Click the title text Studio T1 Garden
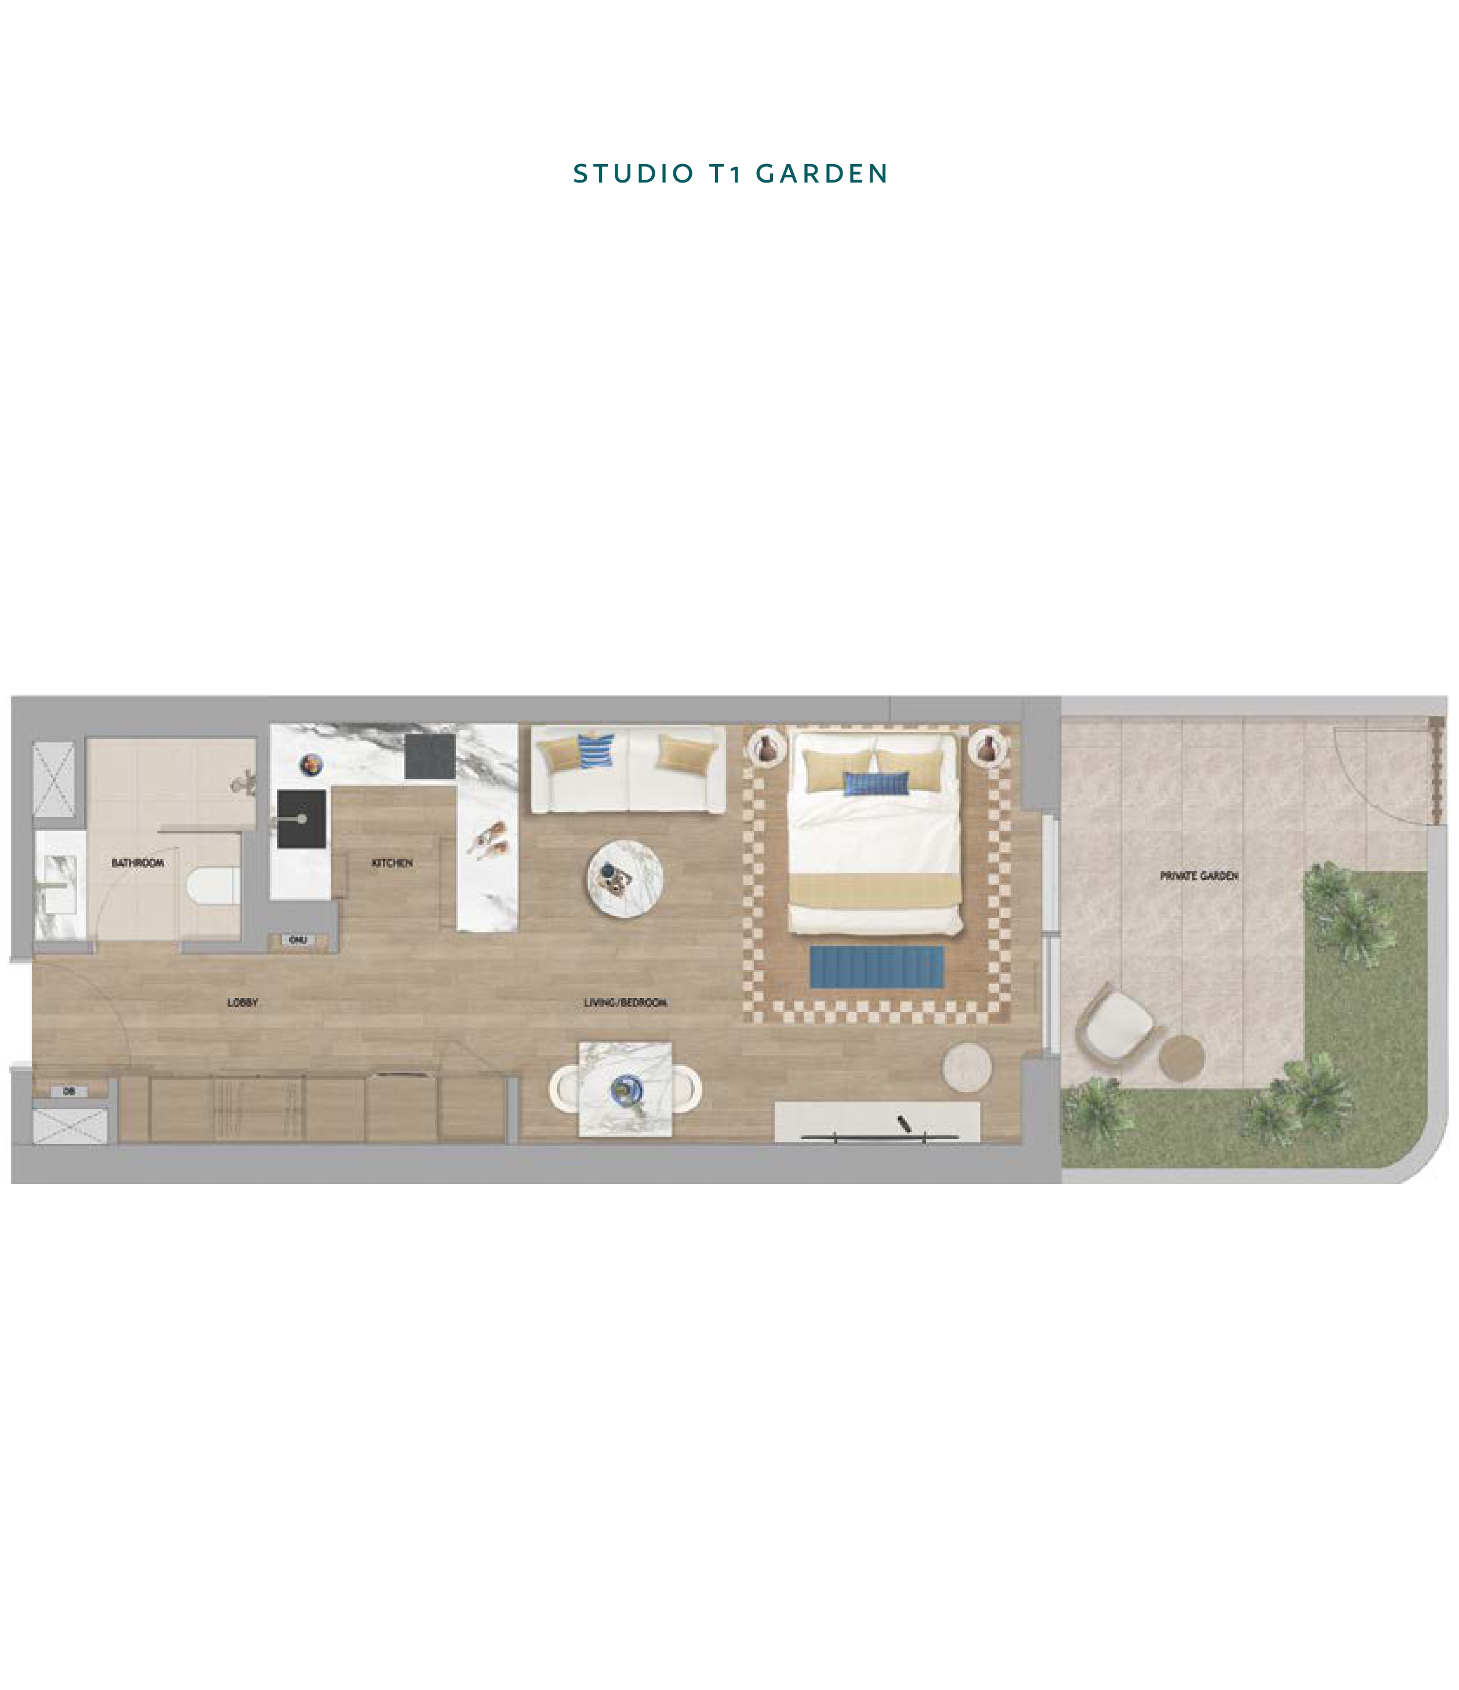[x=730, y=174]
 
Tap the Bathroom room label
[x=137, y=863]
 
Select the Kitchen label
[x=392, y=863]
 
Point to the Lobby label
[x=242, y=1003]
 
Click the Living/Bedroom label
[x=625, y=1003]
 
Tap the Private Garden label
[x=1199, y=876]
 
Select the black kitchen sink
[x=302, y=819]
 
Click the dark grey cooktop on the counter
[x=430, y=756]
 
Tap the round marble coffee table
[x=625, y=879]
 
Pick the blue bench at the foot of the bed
[x=877, y=967]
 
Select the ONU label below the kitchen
[x=298, y=941]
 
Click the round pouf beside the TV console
[x=967, y=1066]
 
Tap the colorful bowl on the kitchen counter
[x=311, y=764]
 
